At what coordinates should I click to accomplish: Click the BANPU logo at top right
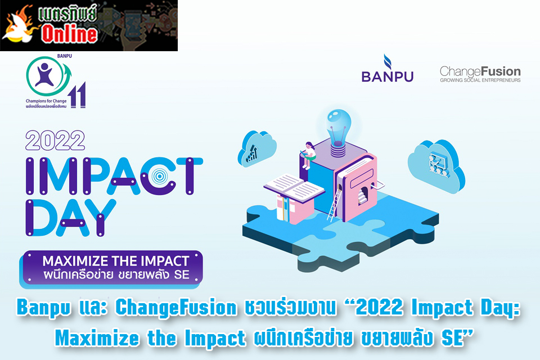coord(387,68)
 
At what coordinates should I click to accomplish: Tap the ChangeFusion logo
coord(480,74)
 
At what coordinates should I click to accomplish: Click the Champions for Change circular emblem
coord(46,76)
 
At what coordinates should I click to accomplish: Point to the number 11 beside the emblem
coord(77,95)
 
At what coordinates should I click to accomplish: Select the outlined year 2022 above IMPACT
coord(55,141)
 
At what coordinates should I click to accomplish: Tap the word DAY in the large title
coord(71,218)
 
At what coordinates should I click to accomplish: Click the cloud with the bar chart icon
coord(257,149)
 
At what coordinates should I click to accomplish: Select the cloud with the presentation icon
coord(436,166)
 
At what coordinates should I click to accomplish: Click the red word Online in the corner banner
coord(70,34)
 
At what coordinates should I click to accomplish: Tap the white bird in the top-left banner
coord(18,27)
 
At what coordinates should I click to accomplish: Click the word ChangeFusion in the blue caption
coord(176,308)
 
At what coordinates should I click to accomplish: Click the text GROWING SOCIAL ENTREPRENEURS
coord(480,80)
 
